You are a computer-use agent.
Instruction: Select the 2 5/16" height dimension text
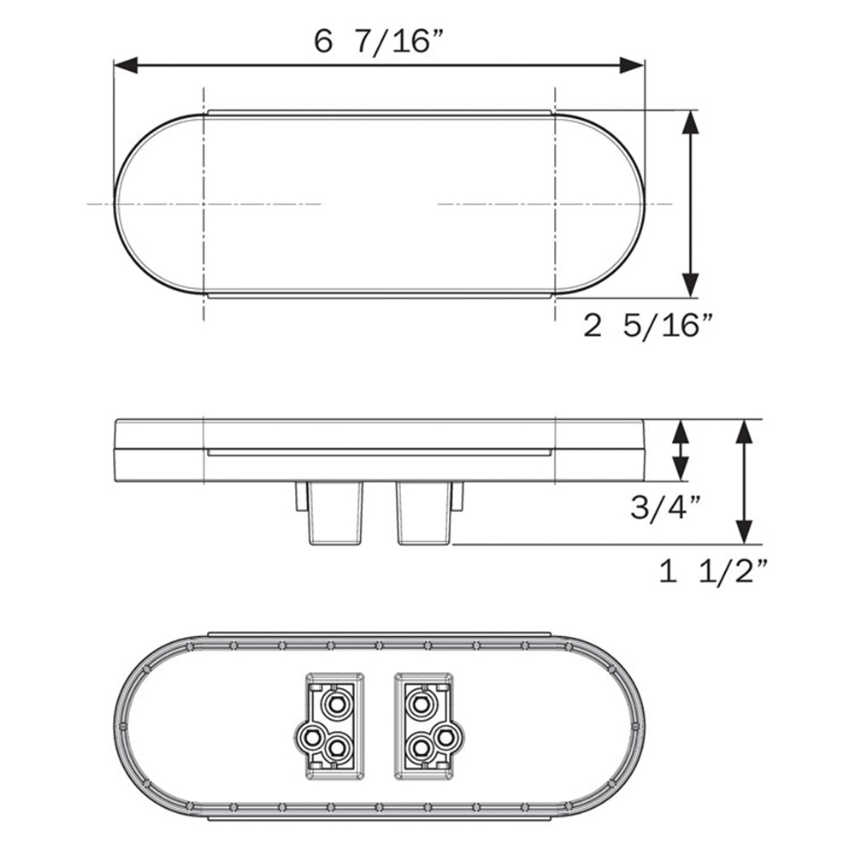pyautogui.click(x=648, y=326)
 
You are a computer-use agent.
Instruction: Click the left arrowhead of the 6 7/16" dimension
pyautogui.click(x=127, y=65)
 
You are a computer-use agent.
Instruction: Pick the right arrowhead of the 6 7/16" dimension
pyautogui.click(x=632, y=65)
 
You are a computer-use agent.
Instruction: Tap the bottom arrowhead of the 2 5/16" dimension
pyautogui.click(x=691, y=285)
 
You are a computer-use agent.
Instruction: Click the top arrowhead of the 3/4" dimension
pyautogui.click(x=681, y=430)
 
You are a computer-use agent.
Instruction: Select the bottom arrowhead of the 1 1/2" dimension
pyautogui.click(x=745, y=532)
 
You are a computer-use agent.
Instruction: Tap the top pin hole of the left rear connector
pyautogui.click(x=334, y=705)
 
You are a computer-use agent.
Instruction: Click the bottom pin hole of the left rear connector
pyautogui.click(x=339, y=748)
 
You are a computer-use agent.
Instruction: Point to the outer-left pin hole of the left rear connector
pyautogui.click(x=310, y=735)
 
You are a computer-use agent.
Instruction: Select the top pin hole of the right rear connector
pyautogui.click(x=420, y=705)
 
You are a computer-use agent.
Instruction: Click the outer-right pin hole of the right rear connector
pyautogui.click(x=446, y=735)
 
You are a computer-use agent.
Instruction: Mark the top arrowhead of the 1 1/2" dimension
pyautogui.click(x=745, y=432)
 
